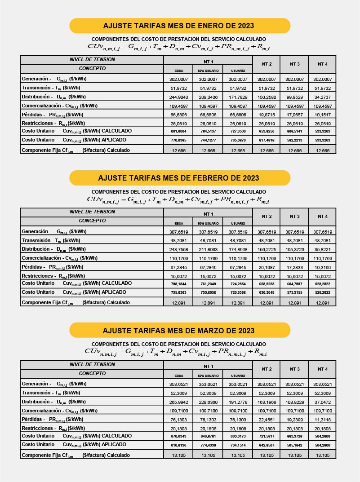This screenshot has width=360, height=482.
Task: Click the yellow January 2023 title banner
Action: pyautogui.click(x=180, y=26)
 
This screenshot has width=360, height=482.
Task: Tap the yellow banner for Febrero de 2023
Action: pyautogui.click(x=180, y=178)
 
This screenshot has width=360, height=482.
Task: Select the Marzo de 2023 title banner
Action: pyautogui.click(x=180, y=331)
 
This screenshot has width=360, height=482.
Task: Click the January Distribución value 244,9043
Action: pyautogui.click(x=178, y=97)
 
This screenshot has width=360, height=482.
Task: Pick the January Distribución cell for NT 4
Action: pyautogui.click(x=323, y=97)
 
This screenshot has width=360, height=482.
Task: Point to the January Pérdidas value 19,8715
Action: pyautogui.click(x=267, y=115)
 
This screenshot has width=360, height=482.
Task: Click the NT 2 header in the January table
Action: pyautogui.click(x=267, y=64)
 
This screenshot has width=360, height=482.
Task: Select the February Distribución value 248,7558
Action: pyautogui.click(x=178, y=249)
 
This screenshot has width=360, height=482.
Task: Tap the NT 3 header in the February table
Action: pyautogui.click(x=295, y=217)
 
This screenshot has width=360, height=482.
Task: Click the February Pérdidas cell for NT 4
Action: pyautogui.click(x=323, y=267)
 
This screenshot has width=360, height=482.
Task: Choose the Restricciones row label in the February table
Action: pyautogui.click(x=53, y=276)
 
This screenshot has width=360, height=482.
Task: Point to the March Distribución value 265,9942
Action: pyautogui.click(x=178, y=402)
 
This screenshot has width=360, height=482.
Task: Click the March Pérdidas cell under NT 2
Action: pyautogui.click(x=267, y=420)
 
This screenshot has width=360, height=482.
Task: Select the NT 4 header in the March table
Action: pyautogui.click(x=323, y=369)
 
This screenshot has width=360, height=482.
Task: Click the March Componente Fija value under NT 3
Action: pyautogui.click(x=295, y=455)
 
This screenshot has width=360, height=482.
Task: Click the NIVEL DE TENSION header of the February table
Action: pyautogui.click(x=92, y=212)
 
